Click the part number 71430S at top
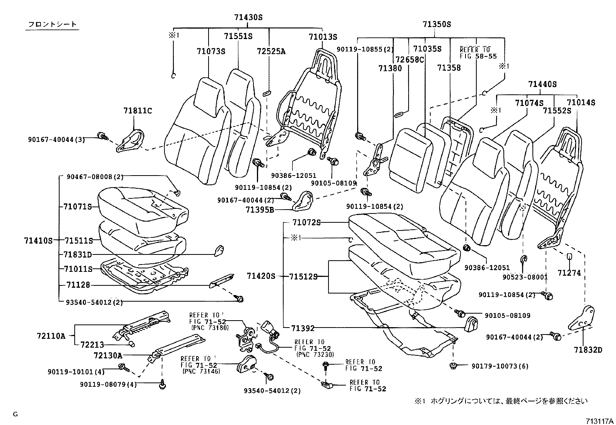pos(248,17)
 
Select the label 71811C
pos(138,111)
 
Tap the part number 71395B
pos(260,210)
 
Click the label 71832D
pos(588,350)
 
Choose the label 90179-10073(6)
pos(500,366)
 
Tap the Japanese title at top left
pos(52,25)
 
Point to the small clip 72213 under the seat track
pos(132,344)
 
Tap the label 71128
pos(78,285)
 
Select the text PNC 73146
pos(201,371)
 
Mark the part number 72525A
pos(271,51)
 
